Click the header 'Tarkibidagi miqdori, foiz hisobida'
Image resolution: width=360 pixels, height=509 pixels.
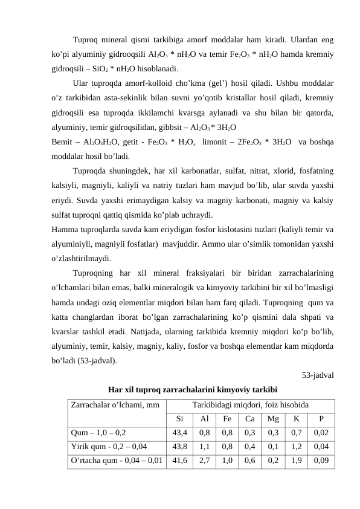[250, 404]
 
